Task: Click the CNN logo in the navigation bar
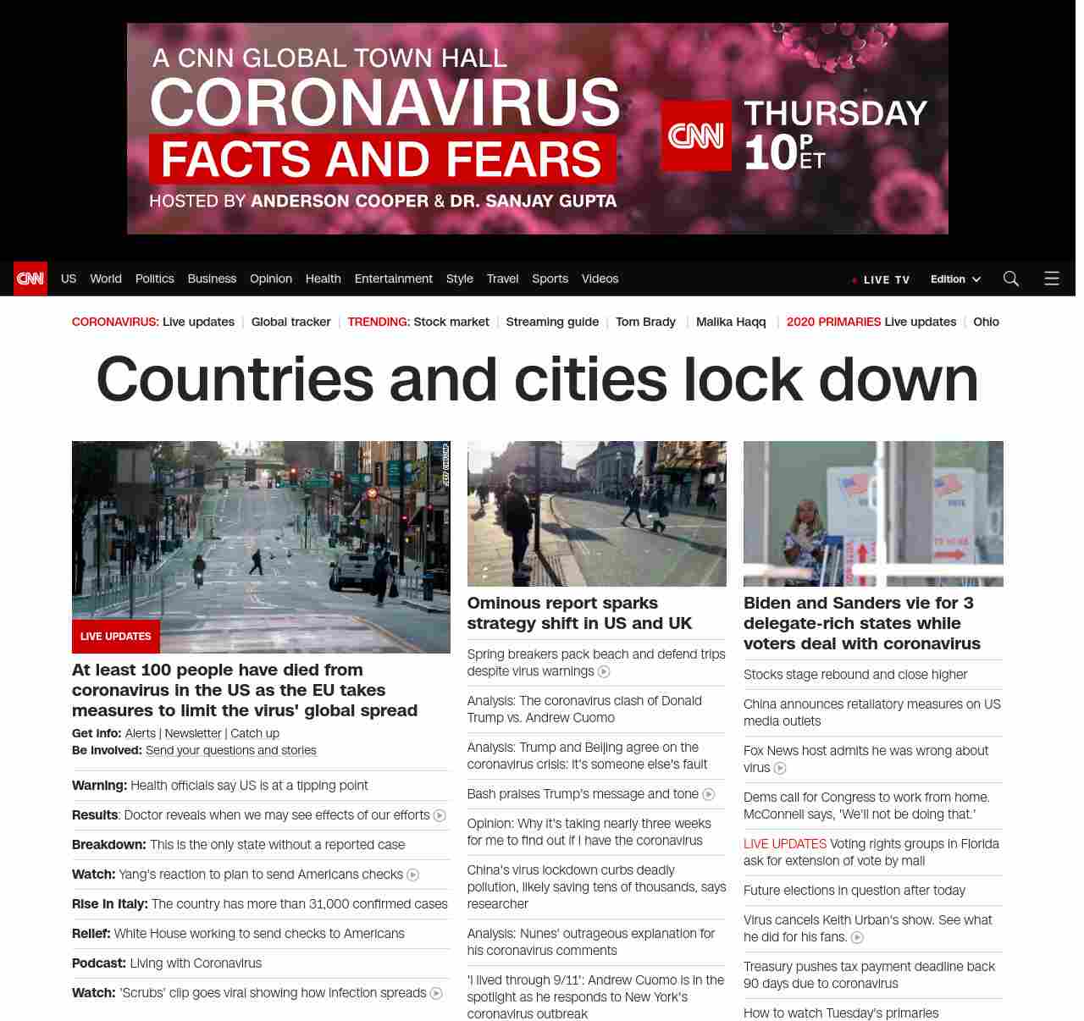pyautogui.click(x=30, y=279)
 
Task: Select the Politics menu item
pyautogui.click(x=154, y=279)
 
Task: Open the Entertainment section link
pyautogui.click(x=393, y=279)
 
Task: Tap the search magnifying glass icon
pyautogui.click(x=1010, y=279)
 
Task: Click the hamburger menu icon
pyautogui.click(x=1052, y=279)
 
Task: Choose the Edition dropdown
pyautogui.click(x=955, y=279)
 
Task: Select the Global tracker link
pyautogui.click(x=290, y=322)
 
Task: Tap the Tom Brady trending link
pyautogui.click(x=645, y=322)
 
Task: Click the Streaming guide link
pyautogui.click(x=552, y=322)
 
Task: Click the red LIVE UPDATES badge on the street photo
pyautogui.click(x=116, y=637)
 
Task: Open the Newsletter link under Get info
pyautogui.click(x=193, y=733)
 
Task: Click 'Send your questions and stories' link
pyautogui.click(x=230, y=750)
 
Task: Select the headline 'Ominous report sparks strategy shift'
pyautogui.click(x=579, y=613)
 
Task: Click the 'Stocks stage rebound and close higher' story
pyautogui.click(x=855, y=675)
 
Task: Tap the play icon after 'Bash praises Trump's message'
pyautogui.click(x=709, y=794)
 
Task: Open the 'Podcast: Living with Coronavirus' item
pyautogui.click(x=167, y=963)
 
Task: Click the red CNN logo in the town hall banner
pyautogui.click(x=696, y=135)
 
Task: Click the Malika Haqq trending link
pyautogui.click(x=731, y=322)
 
